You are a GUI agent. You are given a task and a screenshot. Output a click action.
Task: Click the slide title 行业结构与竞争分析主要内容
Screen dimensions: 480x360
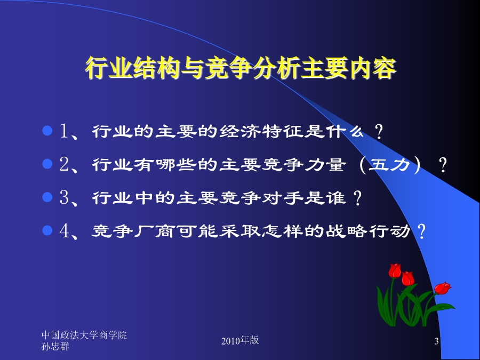click(x=241, y=68)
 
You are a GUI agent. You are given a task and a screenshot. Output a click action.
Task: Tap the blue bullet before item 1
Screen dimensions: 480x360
click(x=47, y=131)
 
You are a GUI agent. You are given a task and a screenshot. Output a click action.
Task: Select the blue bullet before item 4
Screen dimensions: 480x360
click(x=47, y=230)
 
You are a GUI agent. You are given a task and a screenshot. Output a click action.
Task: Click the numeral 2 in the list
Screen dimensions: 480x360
click(x=65, y=164)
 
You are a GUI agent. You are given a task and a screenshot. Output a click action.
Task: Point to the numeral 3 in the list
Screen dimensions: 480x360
click(x=65, y=197)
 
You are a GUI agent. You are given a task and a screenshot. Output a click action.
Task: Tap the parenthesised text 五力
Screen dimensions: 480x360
click(x=389, y=165)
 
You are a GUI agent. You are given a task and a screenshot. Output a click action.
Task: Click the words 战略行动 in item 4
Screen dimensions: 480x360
click(x=367, y=231)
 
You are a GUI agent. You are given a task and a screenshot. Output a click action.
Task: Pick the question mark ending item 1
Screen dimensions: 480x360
click(x=379, y=132)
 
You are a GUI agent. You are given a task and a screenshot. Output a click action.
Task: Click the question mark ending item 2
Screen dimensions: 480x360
click(x=443, y=165)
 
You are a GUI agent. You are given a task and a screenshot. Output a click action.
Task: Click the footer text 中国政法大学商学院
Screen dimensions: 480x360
click(x=84, y=335)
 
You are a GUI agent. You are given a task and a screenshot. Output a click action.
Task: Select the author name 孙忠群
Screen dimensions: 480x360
click(x=55, y=347)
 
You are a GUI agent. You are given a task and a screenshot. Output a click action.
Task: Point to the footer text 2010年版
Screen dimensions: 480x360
click(x=240, y=340)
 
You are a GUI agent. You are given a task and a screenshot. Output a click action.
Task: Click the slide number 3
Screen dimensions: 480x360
click(x=436, y=341)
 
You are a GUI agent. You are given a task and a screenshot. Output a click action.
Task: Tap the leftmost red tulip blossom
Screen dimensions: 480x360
click(x=395, y=270)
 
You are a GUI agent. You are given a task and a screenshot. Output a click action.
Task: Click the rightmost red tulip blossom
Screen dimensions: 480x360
click(x=443, y=288)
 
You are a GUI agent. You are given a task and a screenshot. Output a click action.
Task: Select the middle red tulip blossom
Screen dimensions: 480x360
click(x=408, y=278)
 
